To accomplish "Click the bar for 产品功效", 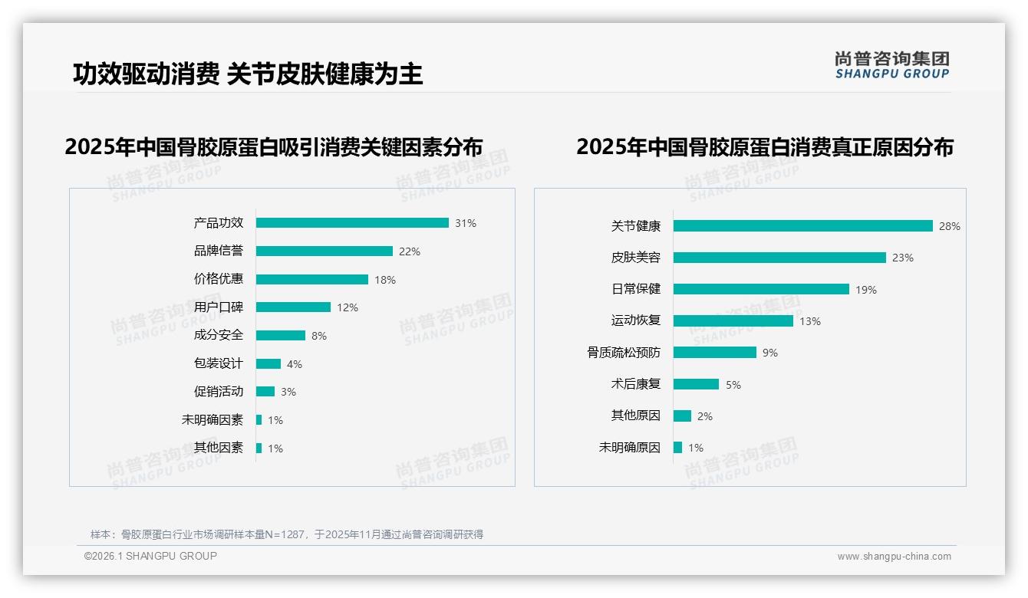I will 352,223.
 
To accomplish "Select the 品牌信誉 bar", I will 324,251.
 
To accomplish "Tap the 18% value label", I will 385,280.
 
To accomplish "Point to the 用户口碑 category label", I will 219,307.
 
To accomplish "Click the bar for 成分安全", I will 280,336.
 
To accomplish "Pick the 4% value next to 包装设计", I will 295,364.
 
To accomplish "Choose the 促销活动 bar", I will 265,392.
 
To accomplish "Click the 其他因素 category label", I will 219,448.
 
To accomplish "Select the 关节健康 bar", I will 802,226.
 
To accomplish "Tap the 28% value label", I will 950,226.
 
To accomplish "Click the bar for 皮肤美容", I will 779,258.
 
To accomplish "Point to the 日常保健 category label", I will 636,289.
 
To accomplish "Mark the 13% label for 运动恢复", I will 810,321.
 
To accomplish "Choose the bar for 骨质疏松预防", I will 715,353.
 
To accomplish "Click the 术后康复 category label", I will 636,384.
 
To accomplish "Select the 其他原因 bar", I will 682,416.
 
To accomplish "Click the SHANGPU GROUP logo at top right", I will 892,65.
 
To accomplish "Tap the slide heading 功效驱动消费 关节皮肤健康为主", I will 248,74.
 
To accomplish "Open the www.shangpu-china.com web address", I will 894,557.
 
